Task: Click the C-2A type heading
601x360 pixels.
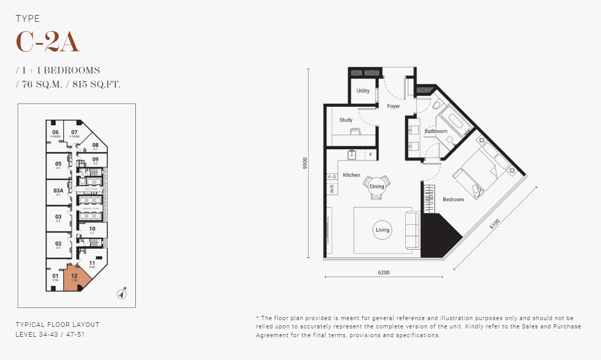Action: tap(48, 42)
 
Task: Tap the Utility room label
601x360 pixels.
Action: tap(363, 91)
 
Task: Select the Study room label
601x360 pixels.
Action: tap(346, 120)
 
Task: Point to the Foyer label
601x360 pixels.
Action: tap(394, 106)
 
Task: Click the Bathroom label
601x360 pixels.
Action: tap(436, 132)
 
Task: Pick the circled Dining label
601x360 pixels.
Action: tap(377, 186)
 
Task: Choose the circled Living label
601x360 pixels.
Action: tap(382, 230)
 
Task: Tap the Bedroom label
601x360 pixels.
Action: tap(453, 199)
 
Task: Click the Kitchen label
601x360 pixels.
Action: tap(351, 175)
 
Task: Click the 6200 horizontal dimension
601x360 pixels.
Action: tap(383, 272)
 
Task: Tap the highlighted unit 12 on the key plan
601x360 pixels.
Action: tap(76, 278)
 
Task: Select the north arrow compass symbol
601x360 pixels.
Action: tap(121, 294)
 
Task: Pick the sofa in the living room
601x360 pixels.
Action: tap(413, 231)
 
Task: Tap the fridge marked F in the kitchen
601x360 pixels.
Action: tap(370, 154)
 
